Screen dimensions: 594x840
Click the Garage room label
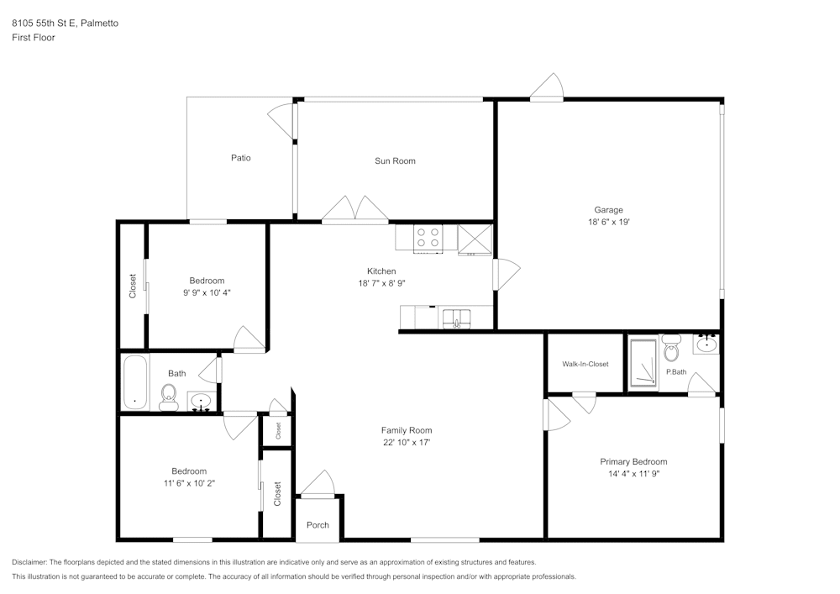[x=608, y=210]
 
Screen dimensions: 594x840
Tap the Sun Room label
[x=395, y=160]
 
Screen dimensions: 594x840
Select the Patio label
[x=241, y=158]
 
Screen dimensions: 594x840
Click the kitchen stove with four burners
[x=428, y=238]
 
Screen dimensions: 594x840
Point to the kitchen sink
[x=457, y=318]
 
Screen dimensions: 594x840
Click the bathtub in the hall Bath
[x=134, y=382]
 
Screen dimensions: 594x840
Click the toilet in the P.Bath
[x=670, y=350]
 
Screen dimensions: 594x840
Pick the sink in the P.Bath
[x=706, y=342]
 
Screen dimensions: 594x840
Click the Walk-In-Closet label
[x=585, y=364]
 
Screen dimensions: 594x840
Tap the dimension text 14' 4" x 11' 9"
[x=633, y=474]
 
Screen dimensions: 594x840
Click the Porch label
[x=318, y=525]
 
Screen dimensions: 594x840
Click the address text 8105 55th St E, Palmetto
[x=65, y=24]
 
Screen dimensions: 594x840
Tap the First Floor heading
[x=34, y=38]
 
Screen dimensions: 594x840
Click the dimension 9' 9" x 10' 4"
[x=207, y=292]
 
